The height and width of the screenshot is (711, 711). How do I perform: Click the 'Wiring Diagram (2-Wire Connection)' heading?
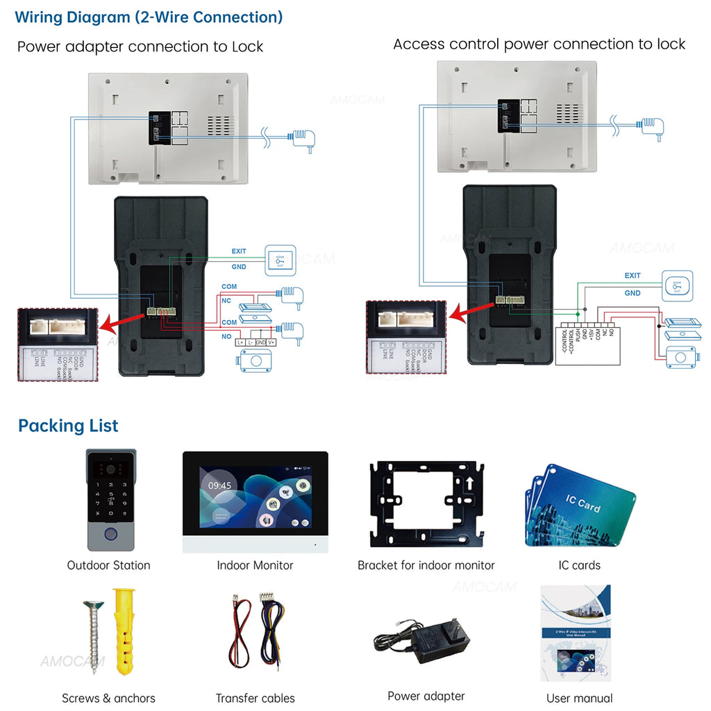click(x=149, y=17)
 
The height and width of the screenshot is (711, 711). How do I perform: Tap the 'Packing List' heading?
click(x=68, y=426)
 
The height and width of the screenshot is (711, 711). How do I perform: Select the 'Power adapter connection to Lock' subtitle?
click(x=140, y=47)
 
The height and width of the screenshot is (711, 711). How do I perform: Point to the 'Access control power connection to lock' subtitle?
click(x=539, y=44)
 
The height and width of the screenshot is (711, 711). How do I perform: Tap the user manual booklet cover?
click(x=576, y=633)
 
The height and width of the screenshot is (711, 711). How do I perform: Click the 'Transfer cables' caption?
click(x=255, y=698)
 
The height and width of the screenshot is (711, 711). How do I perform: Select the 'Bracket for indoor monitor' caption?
click(x=426, y=565)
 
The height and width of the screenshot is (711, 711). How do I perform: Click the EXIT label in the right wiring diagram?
click(x=632, y=276)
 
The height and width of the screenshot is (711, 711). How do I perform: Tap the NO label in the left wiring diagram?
click(x=226, y=336)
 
